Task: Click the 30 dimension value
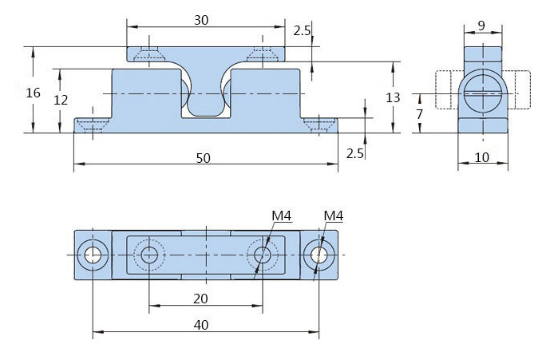[x=201, y=20]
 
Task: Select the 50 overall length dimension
[x=203, y=158]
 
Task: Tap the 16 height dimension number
[x=33, y=93]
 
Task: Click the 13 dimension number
[x=393, y=97]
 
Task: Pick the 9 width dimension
[x=481, y=26]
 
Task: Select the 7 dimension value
[x=418, y=115]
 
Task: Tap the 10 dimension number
[x=481, y=157]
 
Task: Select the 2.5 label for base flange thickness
[x=355, y=152]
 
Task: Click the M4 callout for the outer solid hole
[x=334, y=216]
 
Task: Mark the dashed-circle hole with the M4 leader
[x=262, y=255]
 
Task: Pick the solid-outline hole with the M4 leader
[x=319, y=255]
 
